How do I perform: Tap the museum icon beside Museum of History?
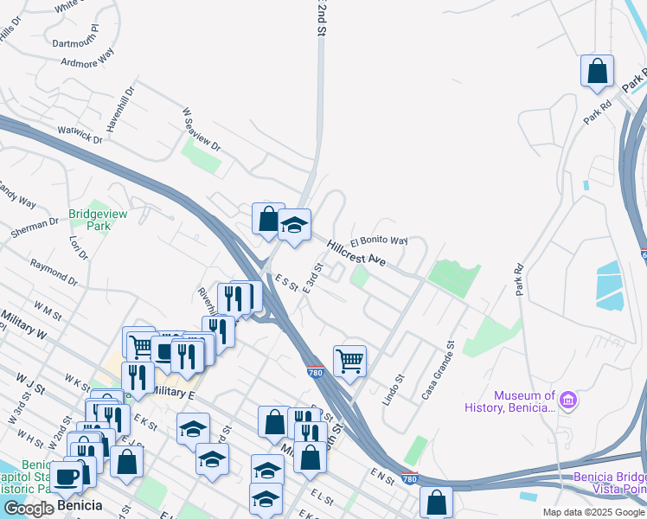[569, 401]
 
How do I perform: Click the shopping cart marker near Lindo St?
[349, 361]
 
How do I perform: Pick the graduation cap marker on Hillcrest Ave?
[294, 227]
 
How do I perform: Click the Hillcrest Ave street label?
[356, 253]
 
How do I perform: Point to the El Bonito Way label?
[379, 241]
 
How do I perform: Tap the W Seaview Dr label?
[202, 130]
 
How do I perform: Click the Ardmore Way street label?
[87, 61]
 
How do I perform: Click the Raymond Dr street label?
[53, 272]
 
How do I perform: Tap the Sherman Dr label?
[35, 227]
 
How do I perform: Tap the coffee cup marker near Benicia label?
[67, 477]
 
